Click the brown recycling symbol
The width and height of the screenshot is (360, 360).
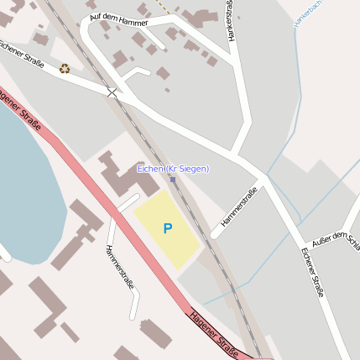coord(64,69)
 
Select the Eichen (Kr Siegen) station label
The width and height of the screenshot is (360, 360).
coord(173,169)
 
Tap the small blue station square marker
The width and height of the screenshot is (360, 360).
coord(173,180)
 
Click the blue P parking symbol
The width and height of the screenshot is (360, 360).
coord(168,228)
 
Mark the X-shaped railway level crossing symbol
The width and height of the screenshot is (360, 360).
coord(112,91)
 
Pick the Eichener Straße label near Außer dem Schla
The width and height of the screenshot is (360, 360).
coord(312,272)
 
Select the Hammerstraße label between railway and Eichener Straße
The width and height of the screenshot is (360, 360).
coord(239,207)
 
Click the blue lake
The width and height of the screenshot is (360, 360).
coord(25,185)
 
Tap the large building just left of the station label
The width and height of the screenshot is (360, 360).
coord(117,176)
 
